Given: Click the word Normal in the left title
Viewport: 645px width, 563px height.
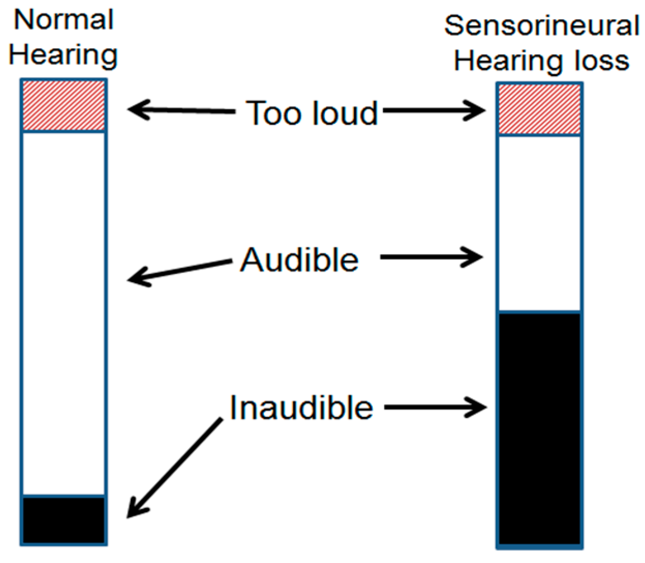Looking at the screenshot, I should (x=64, y=20).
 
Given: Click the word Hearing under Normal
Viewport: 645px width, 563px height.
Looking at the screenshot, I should (x=64, y=55).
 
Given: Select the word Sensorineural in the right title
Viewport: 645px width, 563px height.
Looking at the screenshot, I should (x=542, y=26).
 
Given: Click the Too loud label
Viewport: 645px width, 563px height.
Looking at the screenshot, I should (x=312, y=113).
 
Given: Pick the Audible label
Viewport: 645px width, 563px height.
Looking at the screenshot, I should (x=300, y=260).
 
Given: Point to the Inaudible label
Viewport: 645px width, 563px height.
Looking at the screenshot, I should (x=301, y=408).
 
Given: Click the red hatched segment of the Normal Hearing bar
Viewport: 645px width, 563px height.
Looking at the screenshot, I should (x=64, y=106).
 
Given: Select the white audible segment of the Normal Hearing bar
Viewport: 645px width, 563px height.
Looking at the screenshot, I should (x=64, y=313).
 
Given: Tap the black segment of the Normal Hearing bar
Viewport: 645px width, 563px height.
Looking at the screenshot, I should (x=64, y=520).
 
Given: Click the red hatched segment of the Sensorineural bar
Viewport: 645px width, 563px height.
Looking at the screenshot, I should (x=539, y=109).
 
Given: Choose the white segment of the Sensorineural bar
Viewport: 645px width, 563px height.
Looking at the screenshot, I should (x=539, y=223).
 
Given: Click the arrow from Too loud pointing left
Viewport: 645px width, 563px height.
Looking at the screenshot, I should (x=181, y=110).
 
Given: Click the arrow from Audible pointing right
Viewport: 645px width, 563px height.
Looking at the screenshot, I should (x=431, y=257).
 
